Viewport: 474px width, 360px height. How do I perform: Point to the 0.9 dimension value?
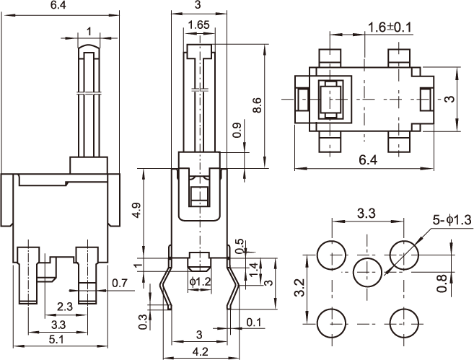tap(237, 131)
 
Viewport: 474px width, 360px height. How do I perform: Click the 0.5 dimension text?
tap(240, 246)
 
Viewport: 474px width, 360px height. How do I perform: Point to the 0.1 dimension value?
tap(254, 322)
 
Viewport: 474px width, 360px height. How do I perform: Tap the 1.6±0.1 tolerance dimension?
tap(390, 27)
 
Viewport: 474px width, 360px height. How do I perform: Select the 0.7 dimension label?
tap(120, 283)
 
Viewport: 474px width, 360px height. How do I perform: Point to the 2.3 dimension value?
tap(63, 307)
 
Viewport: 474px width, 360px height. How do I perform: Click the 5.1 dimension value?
tap(57, 339)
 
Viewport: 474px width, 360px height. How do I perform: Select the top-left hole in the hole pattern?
tap(333, 254)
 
